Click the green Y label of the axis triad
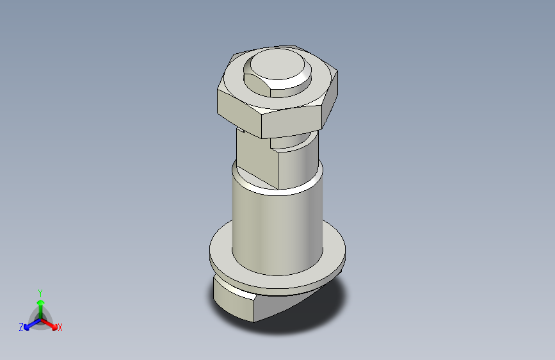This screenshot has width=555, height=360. click(40, 292)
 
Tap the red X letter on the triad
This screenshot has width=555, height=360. click(60, 327)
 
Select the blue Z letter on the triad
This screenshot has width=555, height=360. click(21, 327)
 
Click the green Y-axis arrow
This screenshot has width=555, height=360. click(40, 304)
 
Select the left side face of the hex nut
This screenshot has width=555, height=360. click(237, 108)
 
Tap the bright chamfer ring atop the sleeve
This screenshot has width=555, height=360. click(275, 189)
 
